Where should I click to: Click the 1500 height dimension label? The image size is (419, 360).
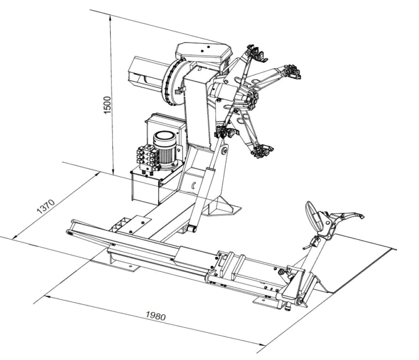point(107,105)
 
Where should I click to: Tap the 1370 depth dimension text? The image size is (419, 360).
point(46,206)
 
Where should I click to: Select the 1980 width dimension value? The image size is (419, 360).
point(155,316)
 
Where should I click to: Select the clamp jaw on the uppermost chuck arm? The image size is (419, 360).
point(257,53)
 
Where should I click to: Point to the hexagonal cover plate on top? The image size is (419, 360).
point(203,52)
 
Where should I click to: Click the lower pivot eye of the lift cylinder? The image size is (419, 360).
point(192,229)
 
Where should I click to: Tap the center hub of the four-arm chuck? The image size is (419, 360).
point(252,98)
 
